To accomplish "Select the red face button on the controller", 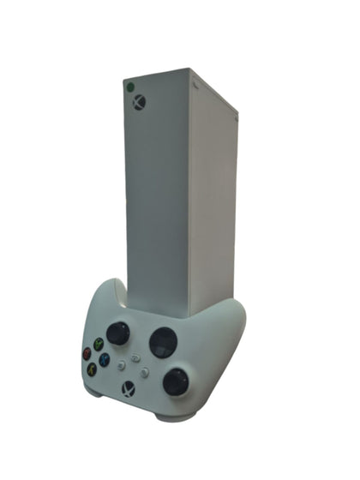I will click(86, 352).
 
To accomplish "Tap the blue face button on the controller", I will click(104, 360).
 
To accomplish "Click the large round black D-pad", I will click(163, 343).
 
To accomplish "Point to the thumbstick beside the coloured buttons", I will click(118, 333).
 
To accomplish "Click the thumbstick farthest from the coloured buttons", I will click(177, 381).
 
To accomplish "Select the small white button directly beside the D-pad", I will click(135, 358).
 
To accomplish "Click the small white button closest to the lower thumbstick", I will click(146, 373).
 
